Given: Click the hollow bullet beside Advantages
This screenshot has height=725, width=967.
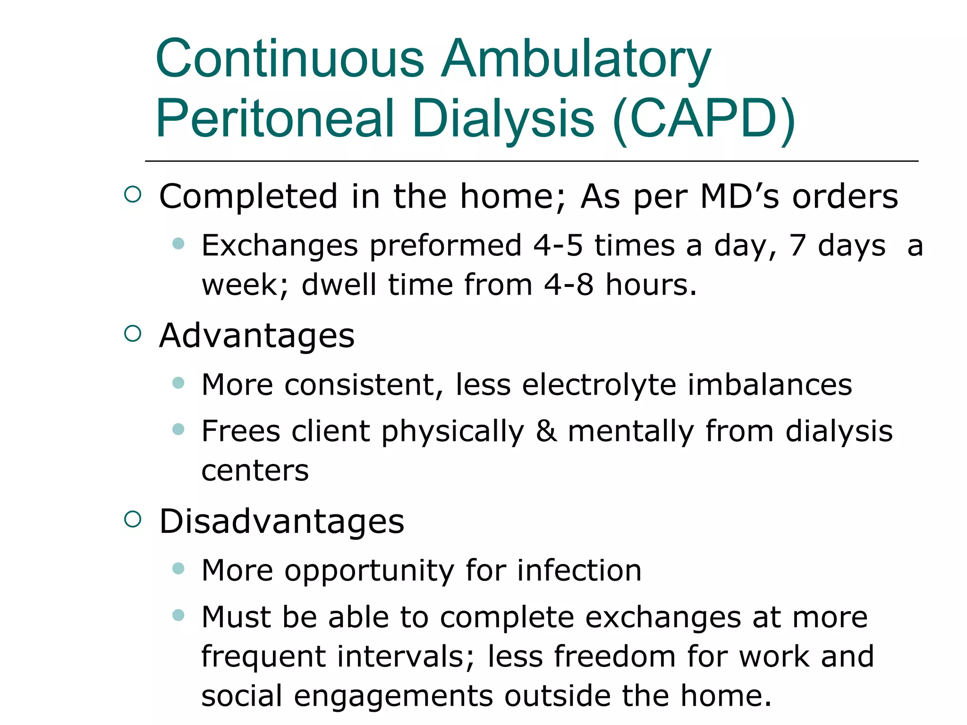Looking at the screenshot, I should tap(133, 334).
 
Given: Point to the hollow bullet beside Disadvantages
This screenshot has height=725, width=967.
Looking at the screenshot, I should tap(133, 520).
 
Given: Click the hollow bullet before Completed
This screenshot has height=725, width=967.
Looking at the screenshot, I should tap(133, 194).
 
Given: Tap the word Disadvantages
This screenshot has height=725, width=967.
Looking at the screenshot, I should tap(282, 522).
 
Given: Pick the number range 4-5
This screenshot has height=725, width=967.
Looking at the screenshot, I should tap(558, 246).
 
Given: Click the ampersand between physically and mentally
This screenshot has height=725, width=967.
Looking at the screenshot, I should tap(546, 431).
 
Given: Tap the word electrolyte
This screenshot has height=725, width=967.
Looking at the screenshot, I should tap(599, 385).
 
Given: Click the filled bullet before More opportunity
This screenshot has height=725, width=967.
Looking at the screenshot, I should tap(178, 568).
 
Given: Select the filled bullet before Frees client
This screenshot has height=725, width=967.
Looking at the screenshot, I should tap(178, 429).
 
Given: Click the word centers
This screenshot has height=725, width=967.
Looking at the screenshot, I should tap(255, 471).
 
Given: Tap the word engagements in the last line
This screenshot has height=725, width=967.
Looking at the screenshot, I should tap(393, 697).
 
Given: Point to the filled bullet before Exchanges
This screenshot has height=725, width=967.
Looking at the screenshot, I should tap(178, 244).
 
